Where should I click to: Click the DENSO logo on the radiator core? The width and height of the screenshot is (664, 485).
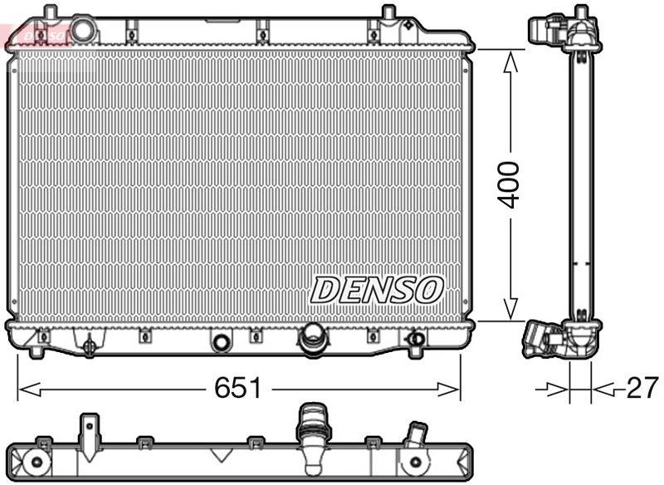pyautogui.click(x=378, y=290)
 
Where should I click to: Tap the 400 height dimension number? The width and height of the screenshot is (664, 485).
pyautogui.click(x=509, y=185)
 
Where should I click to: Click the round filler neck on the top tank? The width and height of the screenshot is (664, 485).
pyautogui.click(x=83, y=29)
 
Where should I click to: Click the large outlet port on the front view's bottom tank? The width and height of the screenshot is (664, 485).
pyautogui.click(x=313, y=336)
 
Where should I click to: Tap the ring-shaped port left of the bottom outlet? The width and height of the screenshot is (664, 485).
pyautogui.click(x=221, y=342)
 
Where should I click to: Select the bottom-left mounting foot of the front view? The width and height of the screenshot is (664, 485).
pyautogui.click(x=35, y=351)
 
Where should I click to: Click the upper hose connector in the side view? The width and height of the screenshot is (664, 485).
pyautogui.click(x=549, y=30)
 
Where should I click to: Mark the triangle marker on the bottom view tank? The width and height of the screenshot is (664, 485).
pyautogui.click(x=221, y=454)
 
